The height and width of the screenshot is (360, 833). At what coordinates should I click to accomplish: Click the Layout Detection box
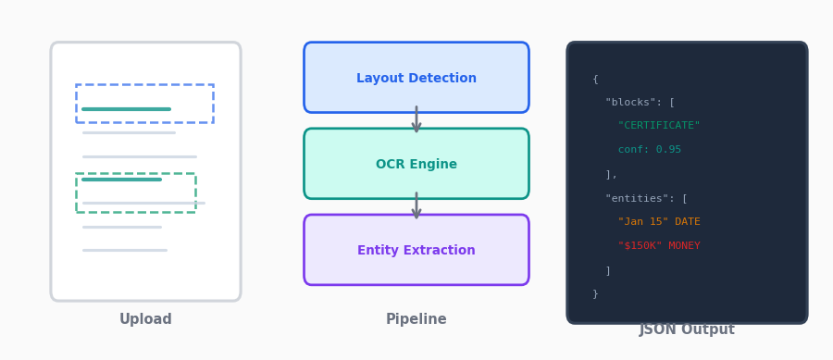click(x=416, y=78)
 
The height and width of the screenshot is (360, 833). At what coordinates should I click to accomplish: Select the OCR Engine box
click(x=416, y=164)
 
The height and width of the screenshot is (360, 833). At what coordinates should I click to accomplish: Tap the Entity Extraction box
click(x=416, y=250)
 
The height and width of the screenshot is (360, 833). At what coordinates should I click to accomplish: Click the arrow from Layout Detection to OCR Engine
click(x=416, y=119)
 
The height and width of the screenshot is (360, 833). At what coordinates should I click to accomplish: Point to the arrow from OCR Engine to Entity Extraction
click(x=416, y=206)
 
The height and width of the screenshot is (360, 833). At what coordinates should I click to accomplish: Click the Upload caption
click(x=145, y=319)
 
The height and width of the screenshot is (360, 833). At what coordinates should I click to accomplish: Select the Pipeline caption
click(x=416, y=319)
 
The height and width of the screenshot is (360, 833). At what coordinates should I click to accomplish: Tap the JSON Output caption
click(x=687, y=329)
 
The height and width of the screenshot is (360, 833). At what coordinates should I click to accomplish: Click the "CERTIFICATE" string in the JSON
click(x=659, y=126)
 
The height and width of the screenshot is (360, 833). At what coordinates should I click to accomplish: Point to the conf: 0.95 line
click(x=650, y=150)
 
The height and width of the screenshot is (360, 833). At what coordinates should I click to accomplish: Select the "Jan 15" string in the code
click(x=643, y=222)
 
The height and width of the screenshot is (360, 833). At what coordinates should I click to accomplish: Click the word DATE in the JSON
click(x=688, y=222)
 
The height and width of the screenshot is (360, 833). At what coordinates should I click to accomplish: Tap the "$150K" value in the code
click(x=640, y=246)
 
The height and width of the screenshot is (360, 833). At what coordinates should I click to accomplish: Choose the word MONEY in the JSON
click(x=685, y=246)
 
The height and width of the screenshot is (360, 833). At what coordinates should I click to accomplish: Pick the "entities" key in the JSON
click(x=640, y=198)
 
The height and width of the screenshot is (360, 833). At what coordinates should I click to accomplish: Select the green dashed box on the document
click(x=135, y=192)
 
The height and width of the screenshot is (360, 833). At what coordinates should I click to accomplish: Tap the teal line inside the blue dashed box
click(x=126, y=109)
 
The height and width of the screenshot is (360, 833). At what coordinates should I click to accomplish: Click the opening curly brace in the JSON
click(x=595, y=79)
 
